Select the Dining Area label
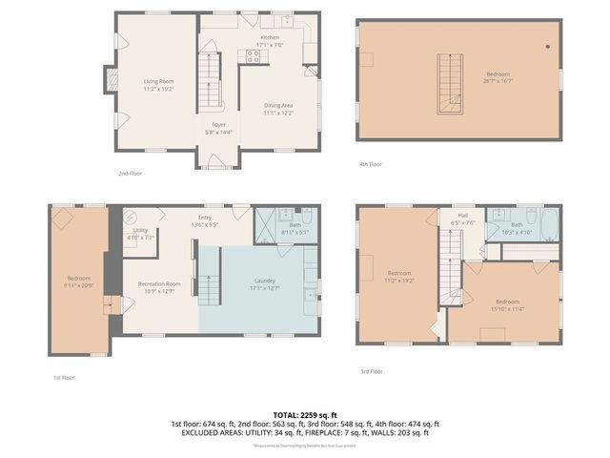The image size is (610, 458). click(278, 106)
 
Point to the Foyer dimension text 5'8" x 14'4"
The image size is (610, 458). click(218, 132)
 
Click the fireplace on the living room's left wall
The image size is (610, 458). click(111, 81)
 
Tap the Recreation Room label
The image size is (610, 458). click(159, 283)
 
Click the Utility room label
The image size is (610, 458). click(140, 230)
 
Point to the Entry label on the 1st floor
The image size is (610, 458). click(204, 218)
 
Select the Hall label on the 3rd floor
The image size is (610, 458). click(462, 216)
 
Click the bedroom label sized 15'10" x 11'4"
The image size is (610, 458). click(506, 302)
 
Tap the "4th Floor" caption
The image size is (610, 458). click(370, 164)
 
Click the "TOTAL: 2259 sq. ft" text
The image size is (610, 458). click(305, 415)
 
